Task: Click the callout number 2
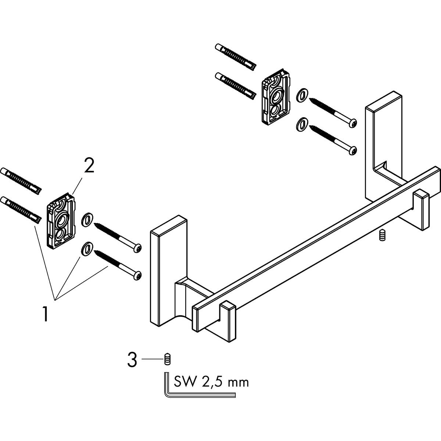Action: click(89, 166)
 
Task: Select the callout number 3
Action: click(132, 360)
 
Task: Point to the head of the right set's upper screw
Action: click(353, 123)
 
